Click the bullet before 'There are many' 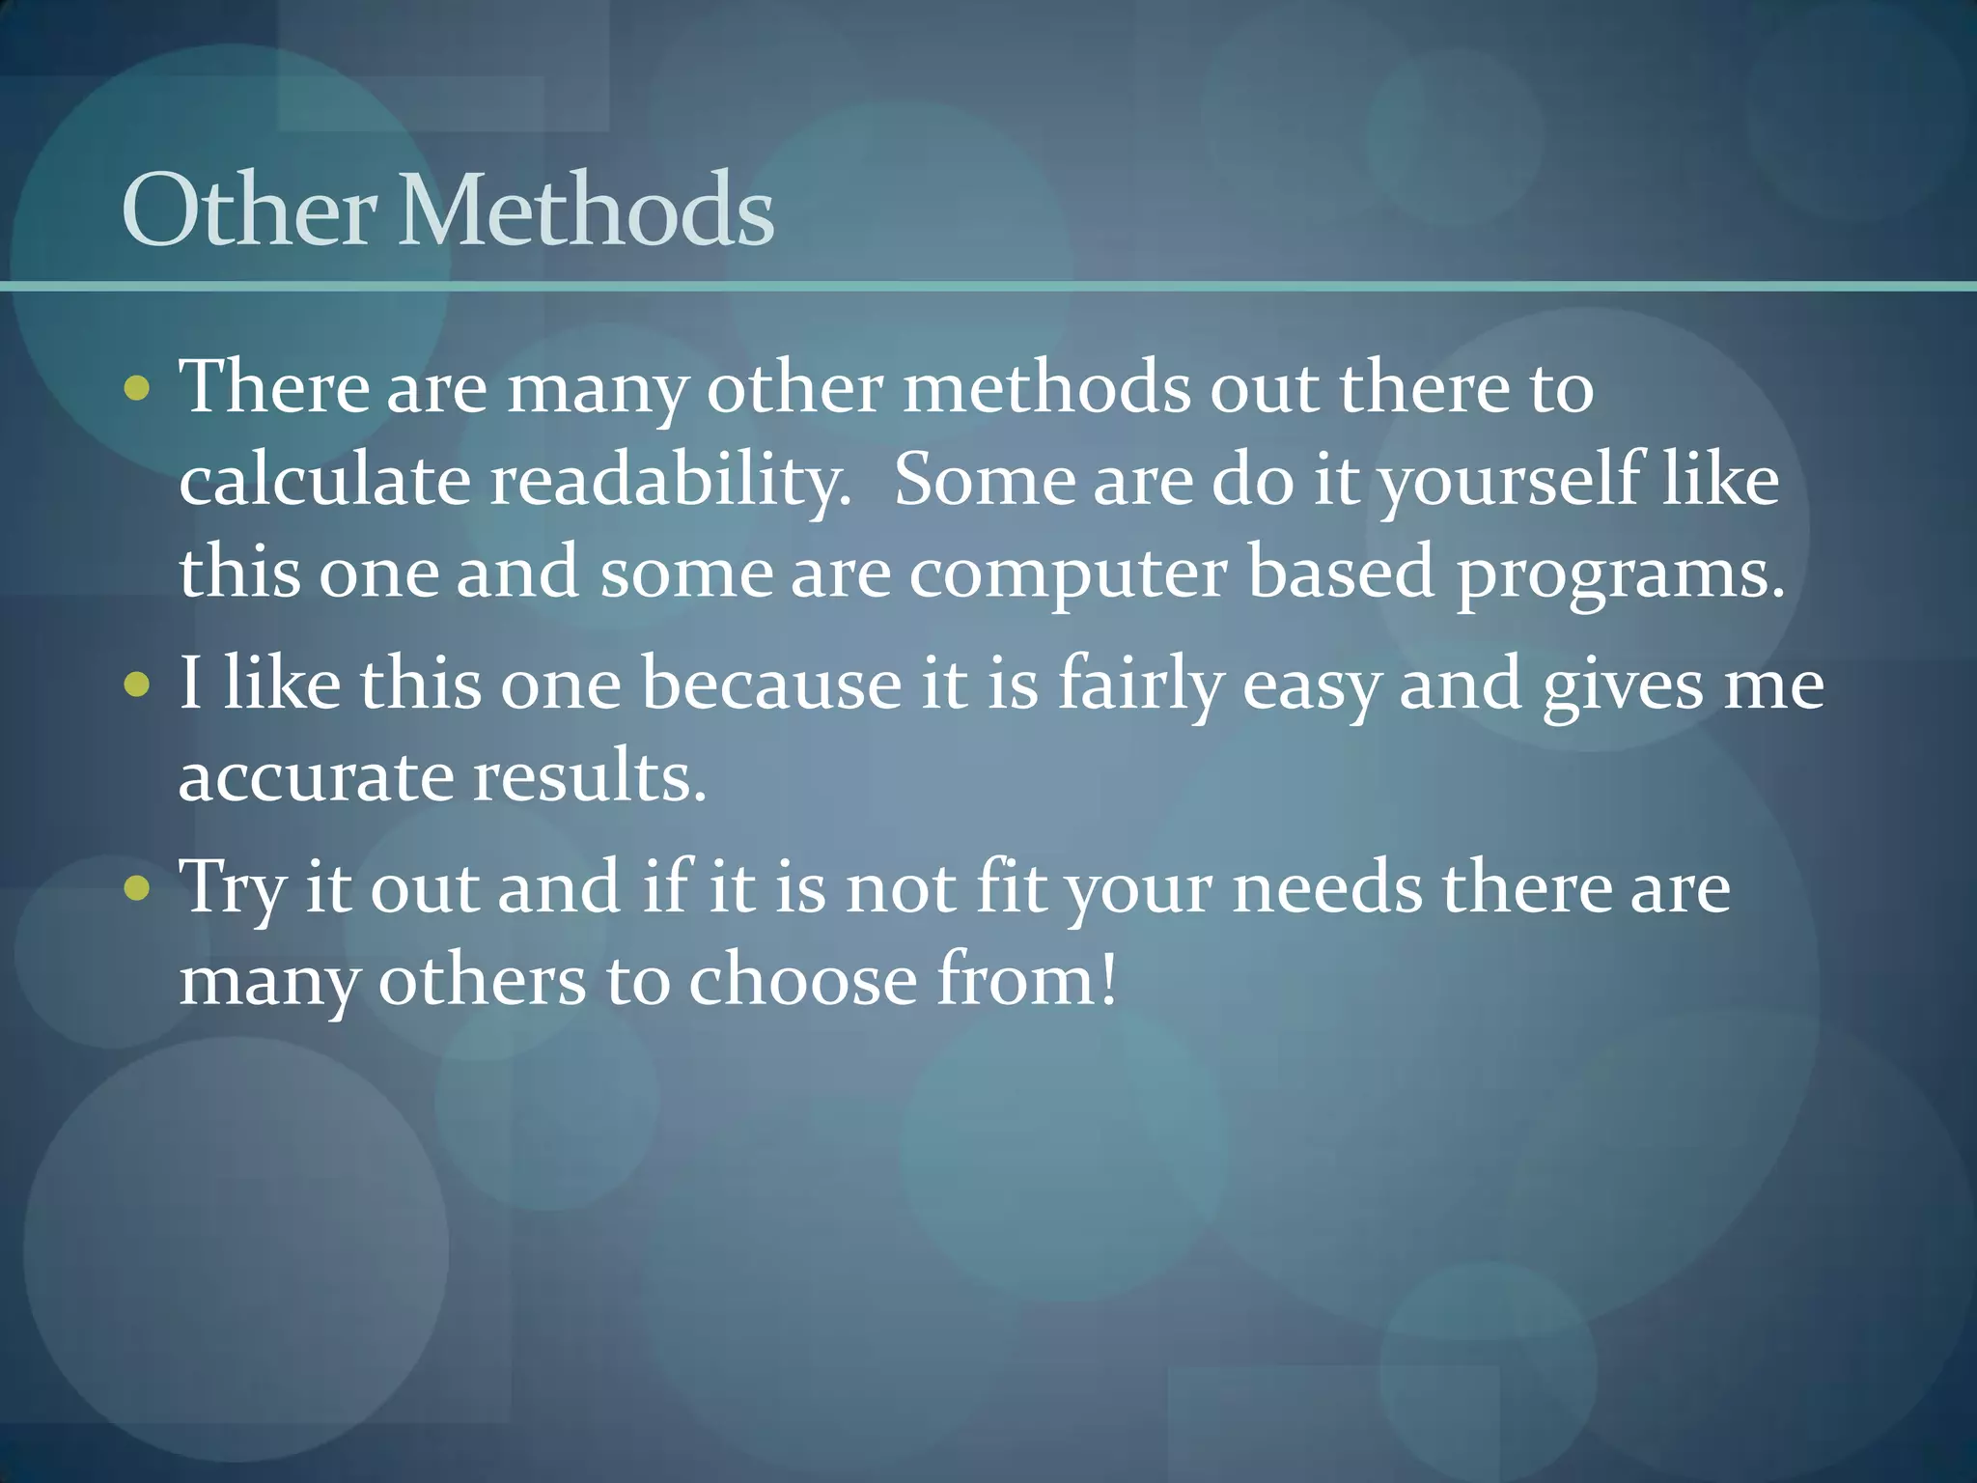click(x=137, y=388)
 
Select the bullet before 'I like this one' click(x=137, y=686)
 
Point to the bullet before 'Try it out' click(x=137, y=888)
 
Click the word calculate click(x=324, y=480)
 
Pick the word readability click(x=670, y=482)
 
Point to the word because click(x=770, y=684)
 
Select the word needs click(x=1327, y=888)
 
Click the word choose click(x=802, y=980)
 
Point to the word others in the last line click(x=482, y=980)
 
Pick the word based click(x=1341, y=573)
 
